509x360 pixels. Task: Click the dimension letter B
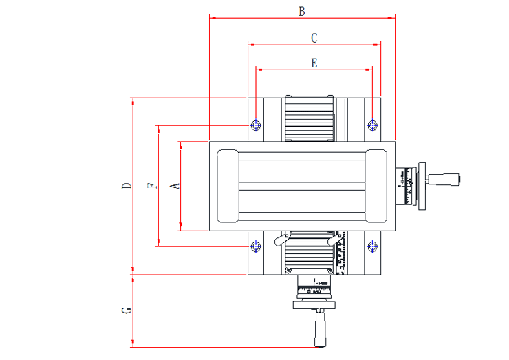[301, 11]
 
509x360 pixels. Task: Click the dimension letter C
[314, 38]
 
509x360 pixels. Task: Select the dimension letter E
[314, 63]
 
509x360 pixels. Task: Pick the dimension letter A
[175, 186]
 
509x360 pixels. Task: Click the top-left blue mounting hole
[256, 125]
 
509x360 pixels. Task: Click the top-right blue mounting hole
[372, 125]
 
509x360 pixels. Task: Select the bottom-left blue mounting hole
[256, 246]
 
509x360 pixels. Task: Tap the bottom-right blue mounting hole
[372, 246]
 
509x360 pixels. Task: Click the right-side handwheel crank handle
[444, 180]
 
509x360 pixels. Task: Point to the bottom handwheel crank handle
[319, 329]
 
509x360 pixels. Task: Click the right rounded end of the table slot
[376, 186]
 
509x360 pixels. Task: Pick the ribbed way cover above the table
[309, 118]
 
